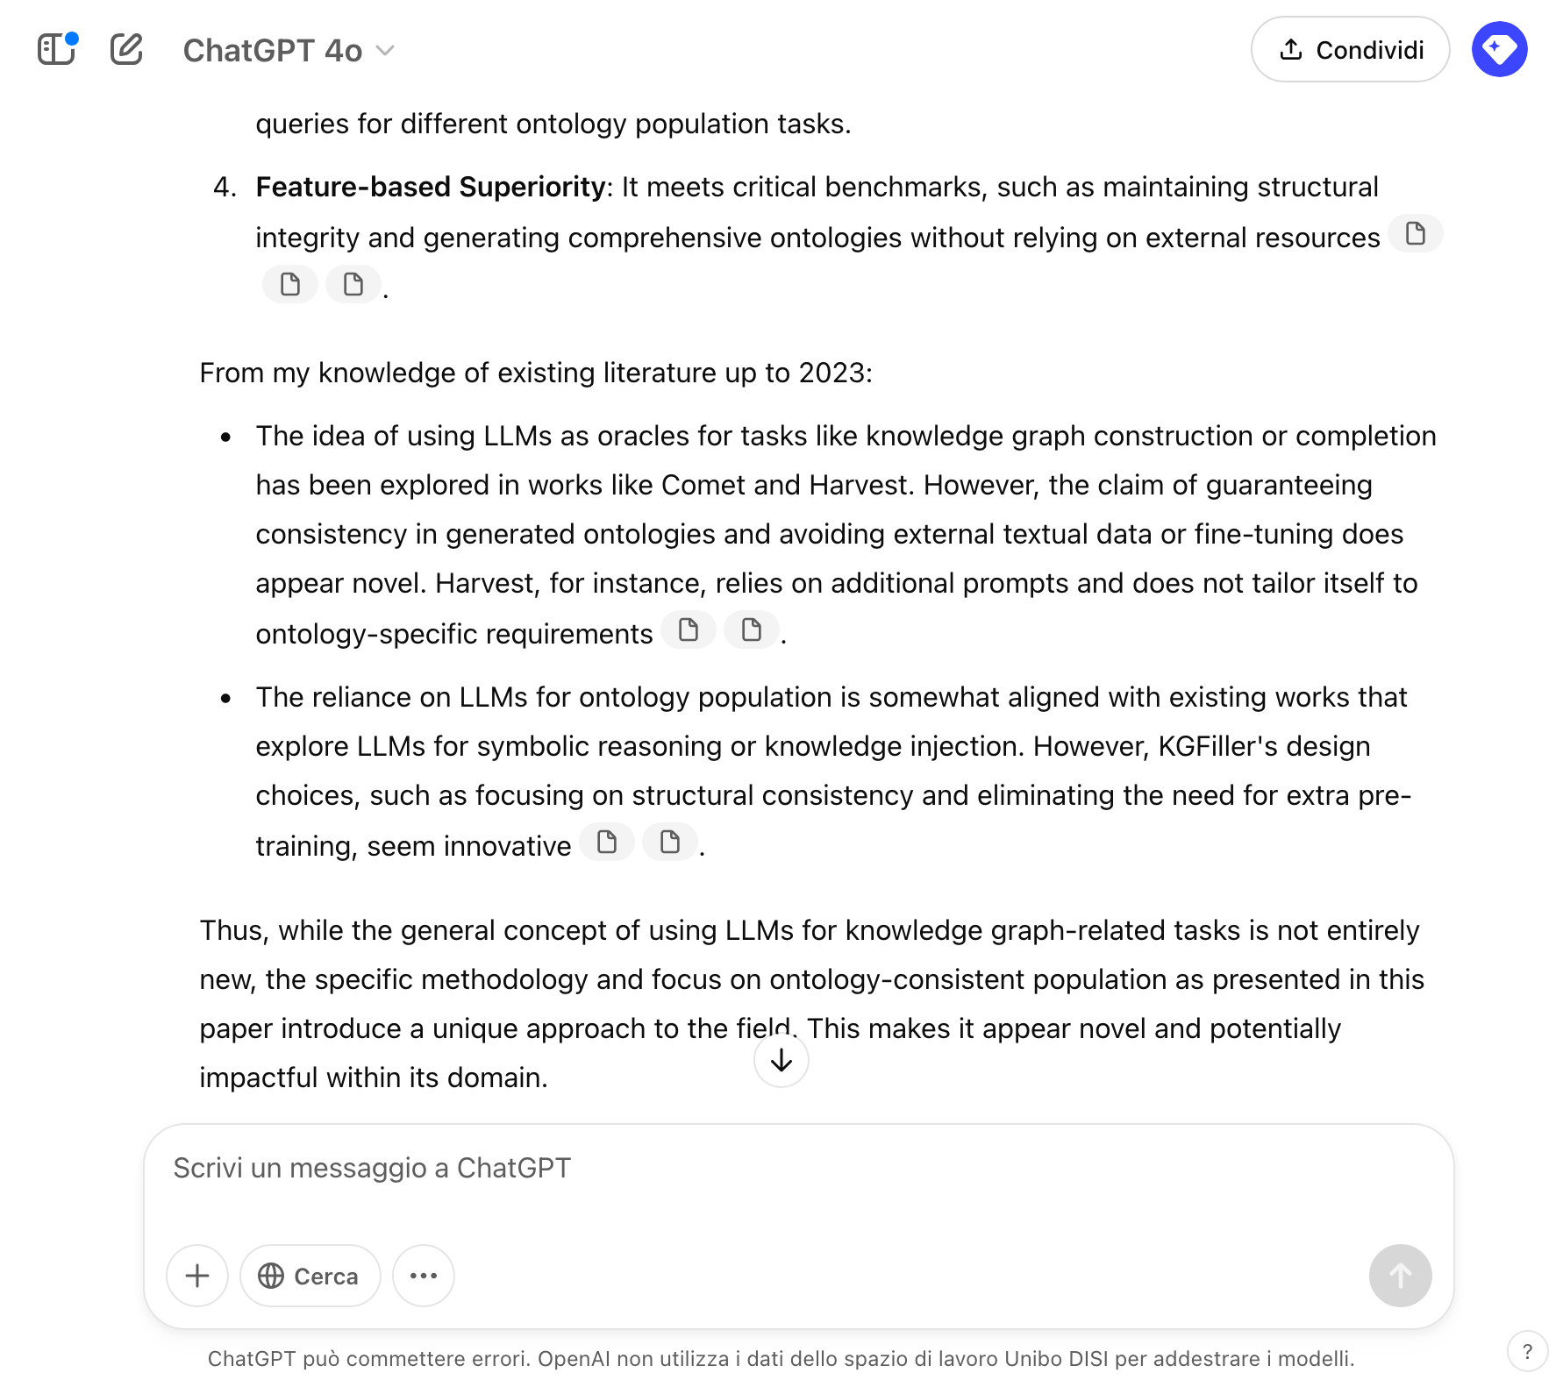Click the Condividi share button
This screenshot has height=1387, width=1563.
(1350, 50)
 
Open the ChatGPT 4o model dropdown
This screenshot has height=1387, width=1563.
(289, 51)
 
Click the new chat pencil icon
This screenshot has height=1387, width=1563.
(126, 49)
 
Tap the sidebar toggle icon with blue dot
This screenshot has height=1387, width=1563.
(57, 49)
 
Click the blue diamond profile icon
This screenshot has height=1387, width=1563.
(1499, 49)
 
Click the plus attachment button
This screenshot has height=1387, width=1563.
(197, 1276)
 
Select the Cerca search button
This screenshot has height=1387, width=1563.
(310, 1276)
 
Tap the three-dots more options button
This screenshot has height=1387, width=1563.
(423, 1276)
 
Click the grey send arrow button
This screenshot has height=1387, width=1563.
(1400, 1276)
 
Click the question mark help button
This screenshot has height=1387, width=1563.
(1527, 1351)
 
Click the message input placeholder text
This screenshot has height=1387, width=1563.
(372, 1168)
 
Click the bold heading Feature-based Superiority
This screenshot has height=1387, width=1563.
(430, 187)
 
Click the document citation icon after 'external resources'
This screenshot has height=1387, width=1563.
(1415, 234)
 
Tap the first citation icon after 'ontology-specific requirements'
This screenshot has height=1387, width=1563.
(689, 630)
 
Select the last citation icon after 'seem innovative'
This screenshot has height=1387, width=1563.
(670, 843)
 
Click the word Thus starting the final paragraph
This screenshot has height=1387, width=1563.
(232, 930)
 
